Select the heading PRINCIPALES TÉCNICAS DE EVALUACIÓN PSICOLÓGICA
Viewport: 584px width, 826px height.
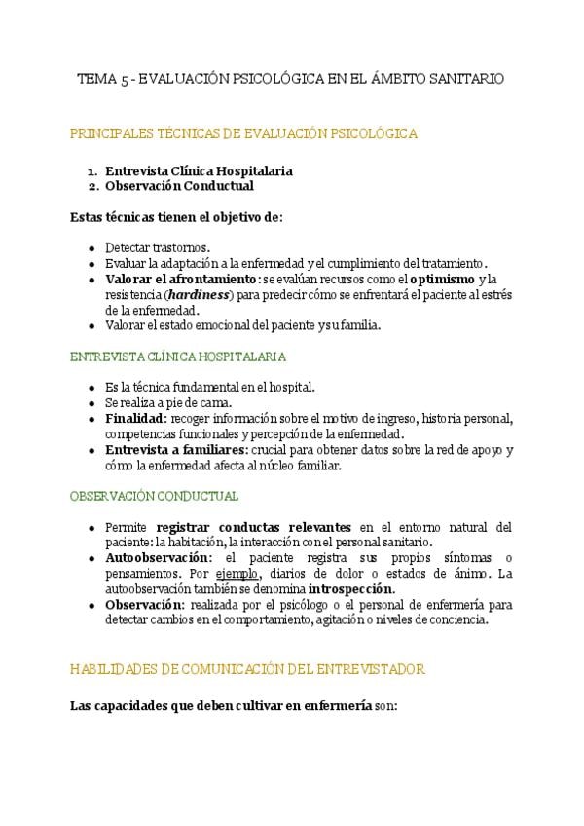coord(244,133)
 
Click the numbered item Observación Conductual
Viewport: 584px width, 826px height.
coord(179,185)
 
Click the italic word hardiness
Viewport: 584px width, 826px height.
coord(198,294)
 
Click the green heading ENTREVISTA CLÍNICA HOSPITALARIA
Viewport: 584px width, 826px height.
coord(178,357)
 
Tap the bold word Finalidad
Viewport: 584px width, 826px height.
coord(135,419)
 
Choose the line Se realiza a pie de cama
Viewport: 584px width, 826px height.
coord(168,402)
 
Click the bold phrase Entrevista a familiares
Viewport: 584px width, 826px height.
coord(176,450)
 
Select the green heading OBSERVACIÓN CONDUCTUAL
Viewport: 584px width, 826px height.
coord(154,496)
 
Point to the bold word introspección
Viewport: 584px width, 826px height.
coord(351,588)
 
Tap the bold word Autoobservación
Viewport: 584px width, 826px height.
coord(158,557)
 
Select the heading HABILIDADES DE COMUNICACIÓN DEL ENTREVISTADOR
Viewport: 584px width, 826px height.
coord(247,669)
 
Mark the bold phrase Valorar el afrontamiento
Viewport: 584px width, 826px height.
coord(182,279)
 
